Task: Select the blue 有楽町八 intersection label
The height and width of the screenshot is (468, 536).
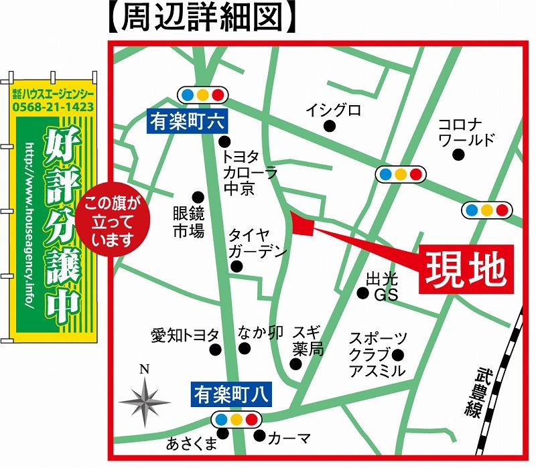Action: [231, 394]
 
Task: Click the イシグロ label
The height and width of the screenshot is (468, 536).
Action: [333, 109]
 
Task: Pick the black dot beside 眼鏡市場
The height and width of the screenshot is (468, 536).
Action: [198, 197]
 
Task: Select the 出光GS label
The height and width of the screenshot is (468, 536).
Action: [383, 286]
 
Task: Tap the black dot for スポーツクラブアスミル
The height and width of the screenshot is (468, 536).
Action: [399, 355]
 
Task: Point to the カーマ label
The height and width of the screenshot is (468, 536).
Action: [289, 439]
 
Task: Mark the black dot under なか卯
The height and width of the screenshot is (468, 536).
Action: [245, 348]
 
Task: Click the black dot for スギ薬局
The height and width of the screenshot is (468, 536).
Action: [295, 364]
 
